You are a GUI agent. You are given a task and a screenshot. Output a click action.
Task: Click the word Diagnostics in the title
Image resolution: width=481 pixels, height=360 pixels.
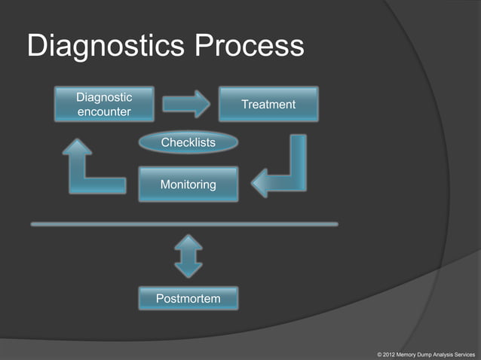pyautogui.click(x=106, y=47)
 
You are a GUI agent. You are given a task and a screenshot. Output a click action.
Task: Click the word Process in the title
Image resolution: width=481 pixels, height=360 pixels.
pyautogui.click(x=250, y=47)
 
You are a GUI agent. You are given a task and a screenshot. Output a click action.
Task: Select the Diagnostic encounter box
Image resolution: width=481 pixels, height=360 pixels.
pyautogui.click(x=104, y=104)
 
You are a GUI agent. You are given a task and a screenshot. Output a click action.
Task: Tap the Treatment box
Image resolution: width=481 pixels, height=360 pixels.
pyautogui.click(x=268, y=104)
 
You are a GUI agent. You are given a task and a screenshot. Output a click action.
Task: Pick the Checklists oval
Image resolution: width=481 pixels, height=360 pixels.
pyautogui.click(x=188, y=142)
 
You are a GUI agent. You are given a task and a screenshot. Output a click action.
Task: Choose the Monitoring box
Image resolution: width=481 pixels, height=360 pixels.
pyautogui.click(x=188, y=185)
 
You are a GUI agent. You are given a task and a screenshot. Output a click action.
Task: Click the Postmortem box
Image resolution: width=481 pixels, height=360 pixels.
pyautogui.click(x=188, y=299)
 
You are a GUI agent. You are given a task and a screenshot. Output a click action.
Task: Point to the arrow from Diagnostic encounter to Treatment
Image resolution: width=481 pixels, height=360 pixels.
pyautogui.click(x=186, y=104)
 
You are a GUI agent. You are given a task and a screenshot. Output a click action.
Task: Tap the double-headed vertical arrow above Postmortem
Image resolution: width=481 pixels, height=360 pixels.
pyautogui.click(x=188, y=255)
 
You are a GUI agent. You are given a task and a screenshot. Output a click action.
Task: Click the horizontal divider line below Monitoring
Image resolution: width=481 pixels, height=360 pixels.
pyautogui.click(x=184, y=224)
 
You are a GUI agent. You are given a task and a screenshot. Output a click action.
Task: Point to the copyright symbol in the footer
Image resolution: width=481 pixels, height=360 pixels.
pyautogui.click(x=378, y=353)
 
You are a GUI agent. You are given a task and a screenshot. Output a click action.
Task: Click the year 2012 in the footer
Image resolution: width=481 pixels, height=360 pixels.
pyautogui.click(x=389, y=353)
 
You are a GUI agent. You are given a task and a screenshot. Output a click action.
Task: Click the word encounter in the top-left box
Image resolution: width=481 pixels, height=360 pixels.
pyautogui.click(x=104, y=112)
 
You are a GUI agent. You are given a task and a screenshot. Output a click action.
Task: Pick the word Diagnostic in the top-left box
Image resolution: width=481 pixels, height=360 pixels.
pyautogui.click(x=104, y=97)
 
